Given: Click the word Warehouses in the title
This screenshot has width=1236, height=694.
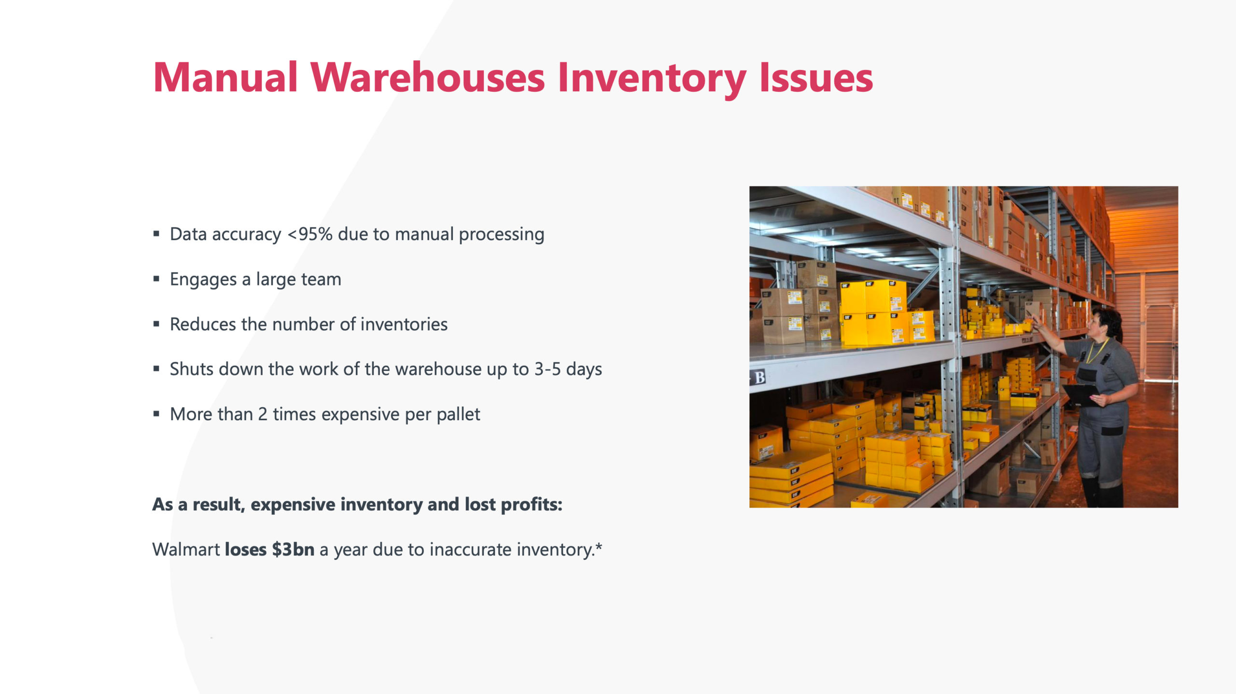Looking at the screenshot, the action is pyautogui.click(x=428, y=78).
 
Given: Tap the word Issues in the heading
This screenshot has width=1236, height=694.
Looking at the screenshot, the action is pyautogui.click(x=816, y=78).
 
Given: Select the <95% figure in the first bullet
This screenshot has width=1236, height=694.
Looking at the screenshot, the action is pyautogui.click(x=310, y=234).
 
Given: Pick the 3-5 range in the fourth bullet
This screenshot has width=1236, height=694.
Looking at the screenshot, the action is pyautogui.click(x=548, y=369).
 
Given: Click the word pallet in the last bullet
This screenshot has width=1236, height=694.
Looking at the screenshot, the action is pyautogui.click(x=458, y=414).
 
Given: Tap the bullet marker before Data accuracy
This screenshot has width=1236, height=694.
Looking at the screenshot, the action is pyautogui.click(x=156, y=234).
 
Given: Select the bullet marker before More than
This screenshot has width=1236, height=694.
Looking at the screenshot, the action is pyautogui.click(x=156, y=414).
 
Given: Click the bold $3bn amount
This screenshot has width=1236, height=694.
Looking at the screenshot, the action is pyautogui.click(x=293, y=550).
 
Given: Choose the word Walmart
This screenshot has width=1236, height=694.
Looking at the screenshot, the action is pyautogui.click(x=186, y=550).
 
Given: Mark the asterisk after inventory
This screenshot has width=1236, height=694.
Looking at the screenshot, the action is pyautogui.click(x=599, y=546).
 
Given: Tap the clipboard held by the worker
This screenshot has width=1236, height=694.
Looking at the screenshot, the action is pyautogui.click(x=1080, y=394).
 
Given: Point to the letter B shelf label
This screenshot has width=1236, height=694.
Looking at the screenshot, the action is pyautogui.click(x=760, y=377).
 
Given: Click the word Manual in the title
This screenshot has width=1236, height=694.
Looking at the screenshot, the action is pyautogui.click(x=225, y=78).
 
